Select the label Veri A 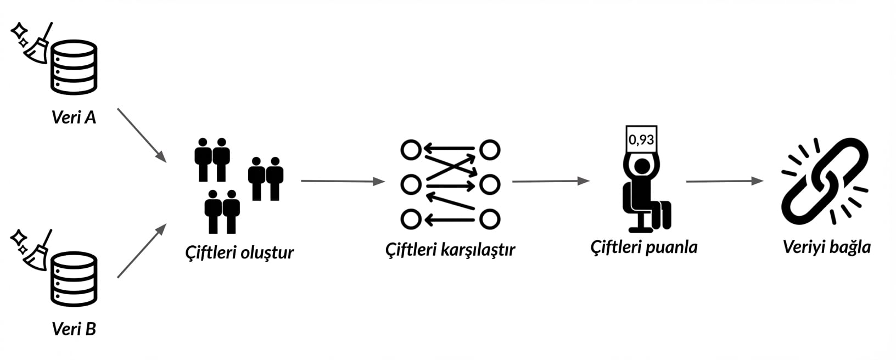coord(74,117)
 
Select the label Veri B coord(74,329)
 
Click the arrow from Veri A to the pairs coord(142,135)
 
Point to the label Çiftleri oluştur coord(239,252)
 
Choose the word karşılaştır coord(478,250)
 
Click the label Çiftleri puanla coord(643,247)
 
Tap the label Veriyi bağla coord(826,247)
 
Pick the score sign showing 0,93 coord(641,139)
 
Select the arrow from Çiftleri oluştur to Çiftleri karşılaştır coord(343,181)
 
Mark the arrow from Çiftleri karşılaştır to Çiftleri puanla coord(550,181)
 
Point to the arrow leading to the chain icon coord(725,181)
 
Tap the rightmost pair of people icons coord(266,178)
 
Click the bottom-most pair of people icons coord(222,211)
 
